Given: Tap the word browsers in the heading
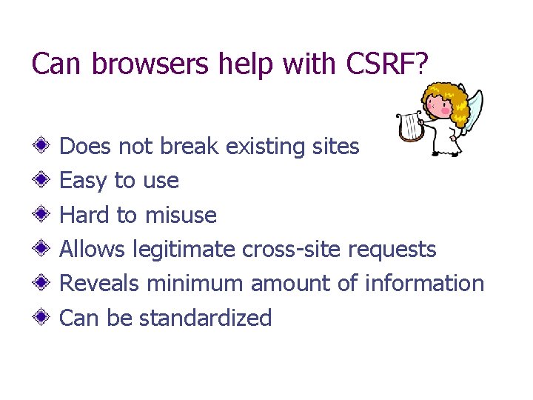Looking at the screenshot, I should [x=152, y=64].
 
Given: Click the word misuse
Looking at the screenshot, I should [x=181, y=216].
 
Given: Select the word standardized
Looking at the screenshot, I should [x=205, y=318].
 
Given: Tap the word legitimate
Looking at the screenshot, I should [x=184, y=250].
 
